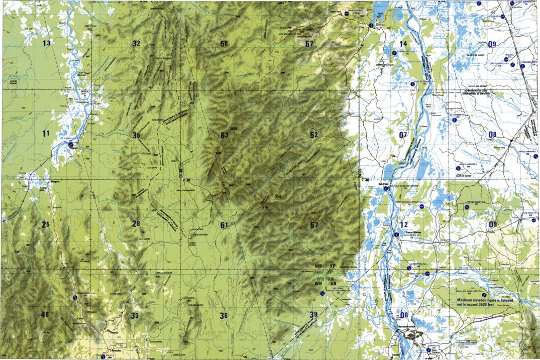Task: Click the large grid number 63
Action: [x=224, y=135]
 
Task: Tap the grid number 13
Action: [x=47, y=44]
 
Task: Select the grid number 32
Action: [x=136, y=44]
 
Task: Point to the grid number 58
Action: [x=224, y=44]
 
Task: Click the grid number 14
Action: [x=403, y=44]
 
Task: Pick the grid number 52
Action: [x=314, y=135]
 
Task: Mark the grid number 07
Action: [x=403, y=135]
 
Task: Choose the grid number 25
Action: [x=46, y=224]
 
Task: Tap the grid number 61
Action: [x=224, y=225]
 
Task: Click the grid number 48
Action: [x=45, y=315]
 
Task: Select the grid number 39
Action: [x=313, y=315]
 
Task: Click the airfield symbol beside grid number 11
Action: [x=72, y=145]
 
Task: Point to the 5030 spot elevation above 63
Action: [x=233, y=130]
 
